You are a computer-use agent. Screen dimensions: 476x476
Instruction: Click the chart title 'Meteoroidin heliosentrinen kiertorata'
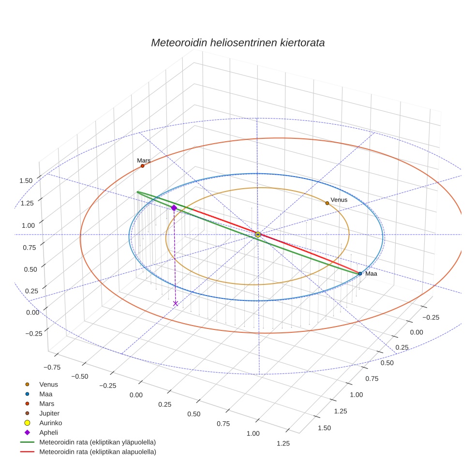(x=238, y=43)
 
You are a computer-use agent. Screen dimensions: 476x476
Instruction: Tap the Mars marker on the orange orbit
(x=143, y=166)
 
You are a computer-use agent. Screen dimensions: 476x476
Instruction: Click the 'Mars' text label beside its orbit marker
(x=144, y=160)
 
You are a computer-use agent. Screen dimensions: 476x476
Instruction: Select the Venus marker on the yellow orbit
(x=327, y=203)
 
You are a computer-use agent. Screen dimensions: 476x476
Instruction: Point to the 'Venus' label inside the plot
(x=339, y=200)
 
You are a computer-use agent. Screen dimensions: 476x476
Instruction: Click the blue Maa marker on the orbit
(x=360, y=274)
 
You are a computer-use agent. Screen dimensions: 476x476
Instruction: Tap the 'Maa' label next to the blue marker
(x=371, y=274)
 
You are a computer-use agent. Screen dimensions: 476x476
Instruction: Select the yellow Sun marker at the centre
(x=258, y=235)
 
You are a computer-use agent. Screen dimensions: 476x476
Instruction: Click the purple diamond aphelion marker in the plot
(x=174, y=208)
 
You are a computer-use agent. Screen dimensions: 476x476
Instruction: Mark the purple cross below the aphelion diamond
(x=176, y=303)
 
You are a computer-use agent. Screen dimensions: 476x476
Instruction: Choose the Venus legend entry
(x=48, y=385)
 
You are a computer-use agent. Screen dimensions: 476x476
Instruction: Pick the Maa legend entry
(x=45, y=394)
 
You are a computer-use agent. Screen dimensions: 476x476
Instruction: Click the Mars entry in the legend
(x=46, y=403)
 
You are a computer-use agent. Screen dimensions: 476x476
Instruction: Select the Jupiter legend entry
(x=49, y=413)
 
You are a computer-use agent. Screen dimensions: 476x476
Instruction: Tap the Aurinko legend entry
(x=50, y=423)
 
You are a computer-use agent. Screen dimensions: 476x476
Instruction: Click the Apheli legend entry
(x=48, y=432)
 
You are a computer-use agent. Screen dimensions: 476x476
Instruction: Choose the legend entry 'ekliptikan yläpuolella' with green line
(x=97, y=442)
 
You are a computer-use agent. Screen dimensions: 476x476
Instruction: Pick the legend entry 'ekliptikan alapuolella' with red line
(x=97, y=452)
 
